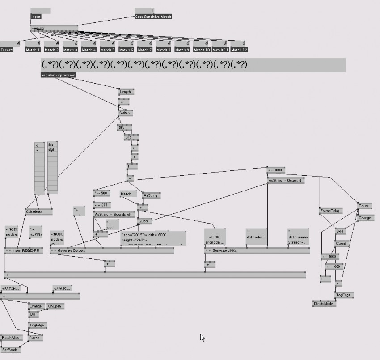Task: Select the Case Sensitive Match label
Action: click(x=153, y=17)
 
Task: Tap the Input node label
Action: click(x=36, y=17)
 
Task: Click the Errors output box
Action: click(x=7, y=50)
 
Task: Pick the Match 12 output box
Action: click(x=239, y=50)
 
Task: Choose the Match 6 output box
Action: click(x=126, y=50)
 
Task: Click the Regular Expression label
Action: click(x=58, y=75)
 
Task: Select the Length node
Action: click(x=125, y=92)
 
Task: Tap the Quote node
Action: click(x=144, y=221)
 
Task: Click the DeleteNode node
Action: click(x=324, y=304)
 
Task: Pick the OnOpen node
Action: click(x=55, y=306)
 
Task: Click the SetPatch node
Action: click(x=10, y=350)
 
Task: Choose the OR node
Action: click(x=33, y=315)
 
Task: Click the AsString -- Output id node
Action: click(x=286, y=180)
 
